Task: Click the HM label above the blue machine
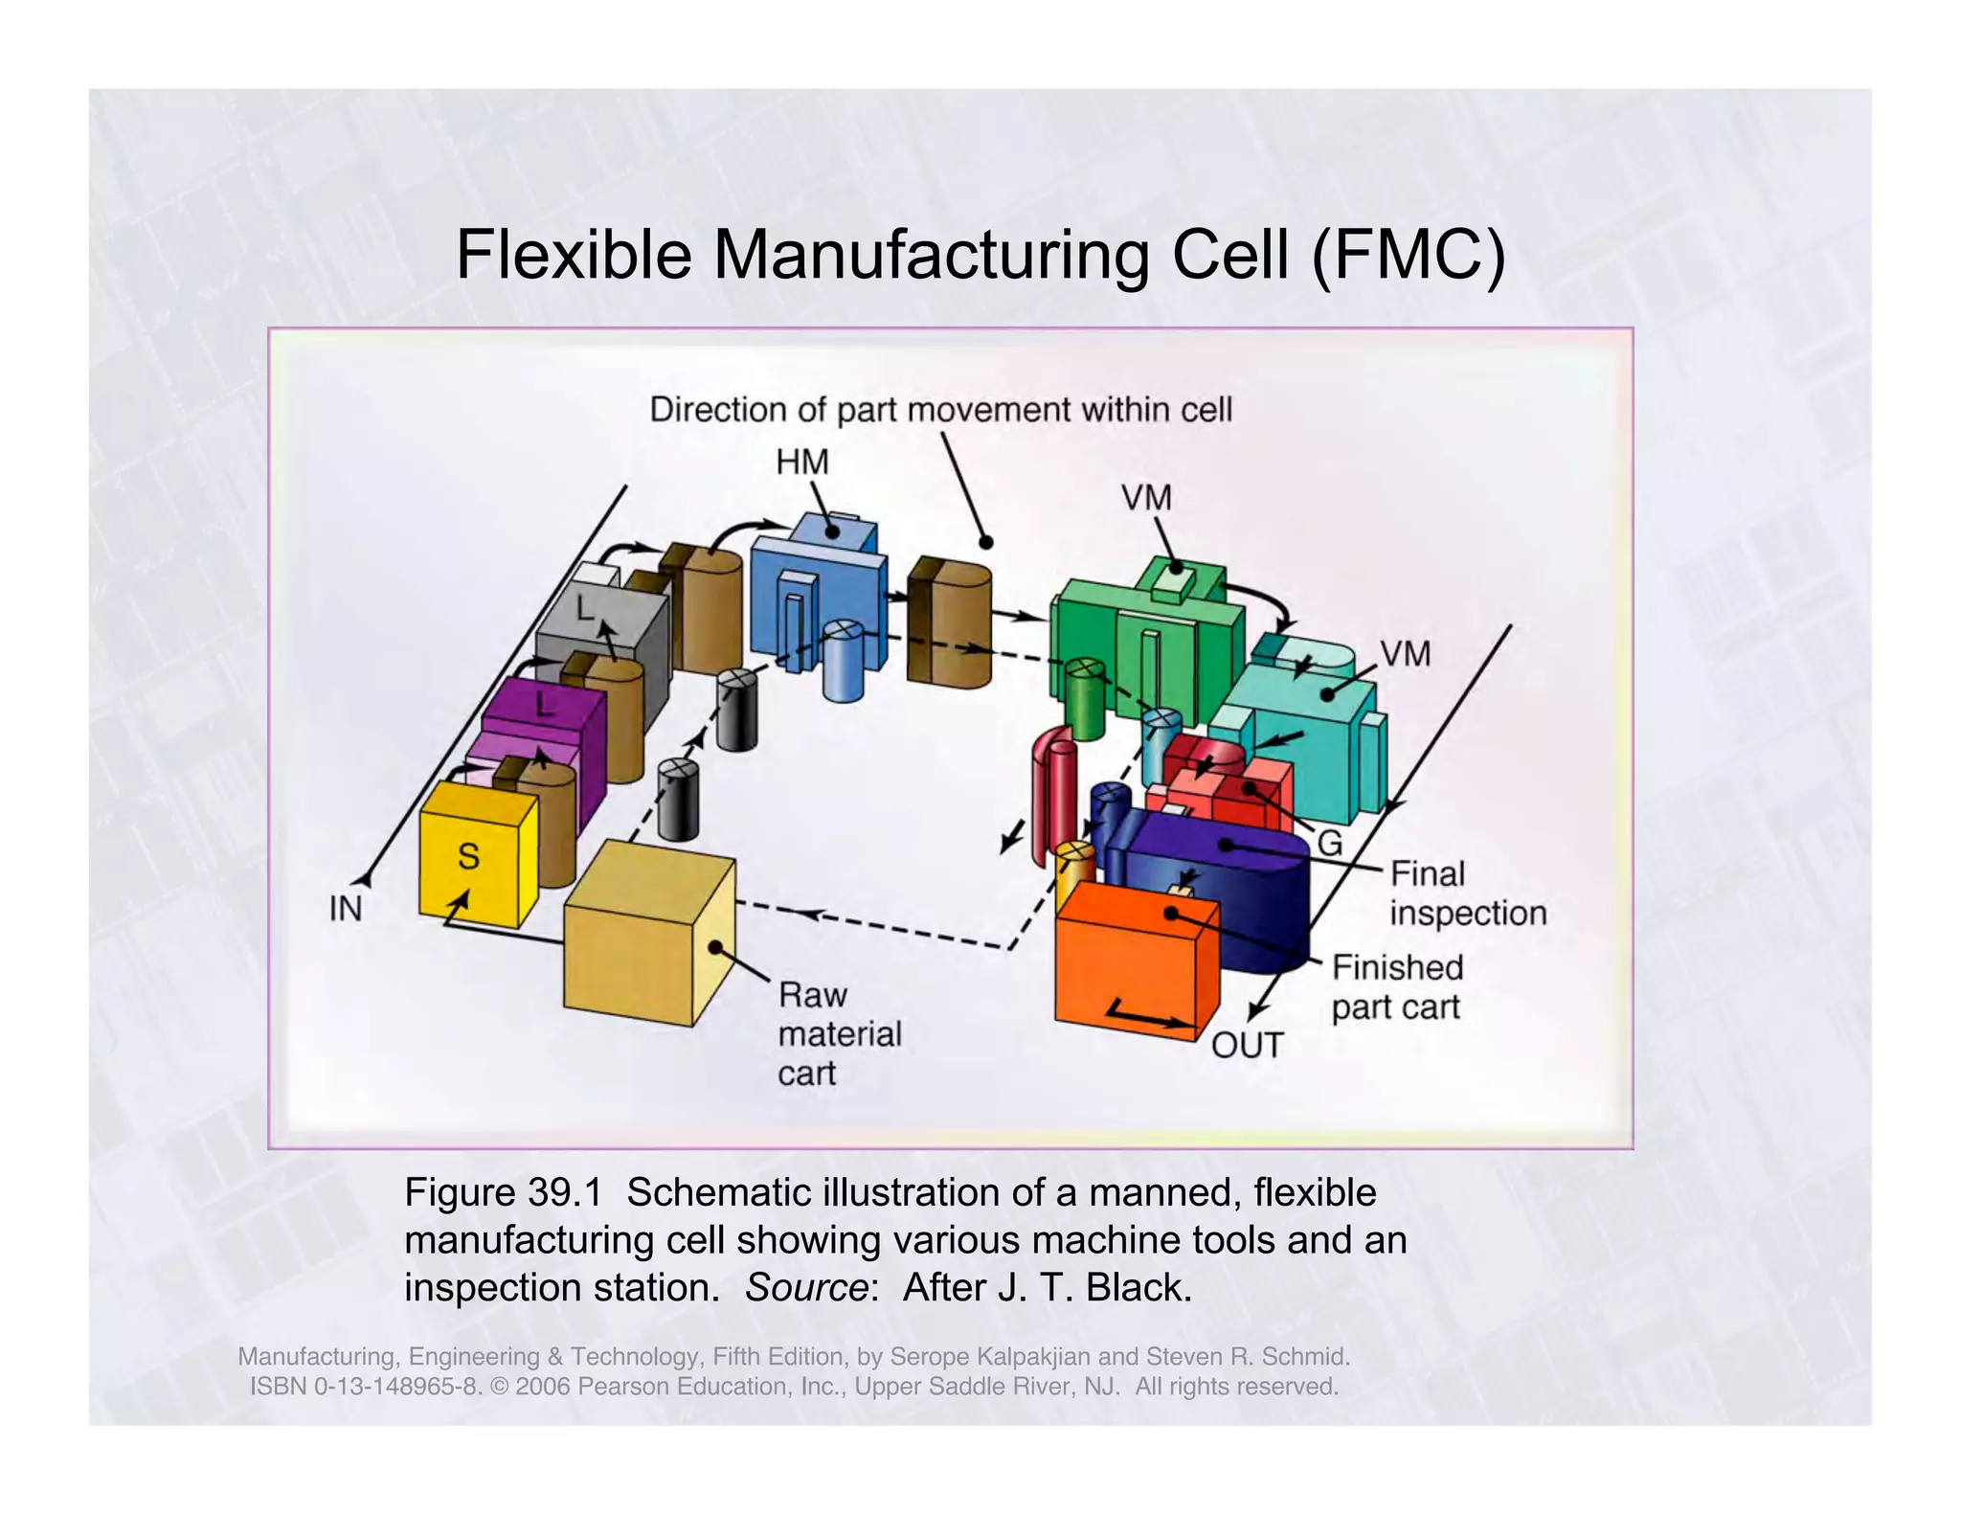tap(801, 463)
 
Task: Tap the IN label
tap(346, 908)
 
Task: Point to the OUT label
tap(1247, 1045)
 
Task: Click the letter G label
tap(1330, 844)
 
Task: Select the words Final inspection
tap(1467, 893)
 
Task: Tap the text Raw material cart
tap(839, 1034)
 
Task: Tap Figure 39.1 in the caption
tap(503, 1193)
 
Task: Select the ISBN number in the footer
tap(365, 1387)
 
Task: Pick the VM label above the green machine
tap(1146, 498)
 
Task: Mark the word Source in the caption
tap(805, 1288)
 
